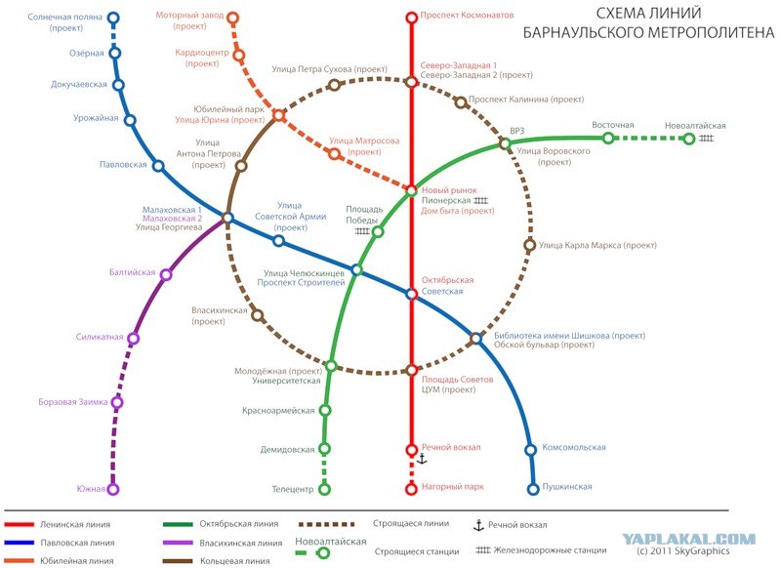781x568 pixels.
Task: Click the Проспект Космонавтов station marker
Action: (x=411, y=18)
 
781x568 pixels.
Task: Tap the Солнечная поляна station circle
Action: (x=113, y=19)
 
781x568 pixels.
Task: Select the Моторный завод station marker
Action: (x=232, y=19)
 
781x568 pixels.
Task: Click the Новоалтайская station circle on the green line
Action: (x=689, y=139)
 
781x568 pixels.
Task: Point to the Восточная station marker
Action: (x=608, y=138)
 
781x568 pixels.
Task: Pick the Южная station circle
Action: (x=113, y=489)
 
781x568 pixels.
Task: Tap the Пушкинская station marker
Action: (x=533, y=489)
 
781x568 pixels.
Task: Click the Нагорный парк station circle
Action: (x=411, y=489)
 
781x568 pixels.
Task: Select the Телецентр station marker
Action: (x=324, y=489)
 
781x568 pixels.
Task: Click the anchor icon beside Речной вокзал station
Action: (x=422, y=459)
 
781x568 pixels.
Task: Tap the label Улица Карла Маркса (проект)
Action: (x=597, y=245)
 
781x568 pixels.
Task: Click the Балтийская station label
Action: (x=133, y=272)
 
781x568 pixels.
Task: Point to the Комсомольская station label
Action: (x=574, y=447)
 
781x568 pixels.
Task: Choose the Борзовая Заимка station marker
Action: (x=117, y=402)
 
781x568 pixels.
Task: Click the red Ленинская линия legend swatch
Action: (x=20, y=524)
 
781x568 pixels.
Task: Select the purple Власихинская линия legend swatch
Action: (x=178, y=543)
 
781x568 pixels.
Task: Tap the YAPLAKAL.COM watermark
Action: (x=689, y=539)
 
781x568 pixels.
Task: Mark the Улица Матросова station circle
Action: (x=335, y=154)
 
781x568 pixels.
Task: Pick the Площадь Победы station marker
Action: (x=378, y=231)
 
